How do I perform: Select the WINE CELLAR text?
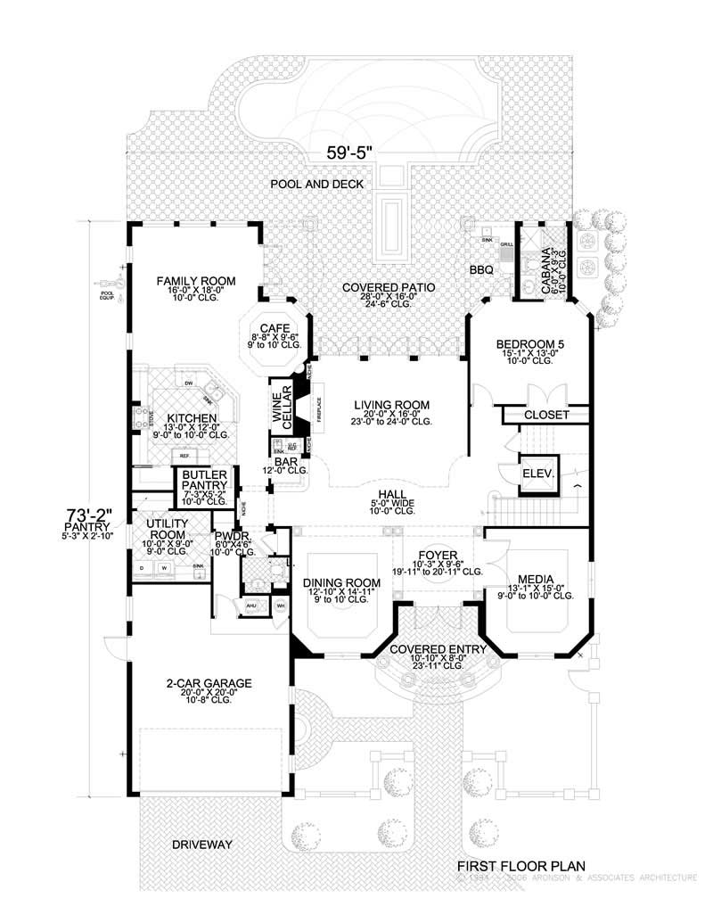(282, 409)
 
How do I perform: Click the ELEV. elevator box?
(537, 474)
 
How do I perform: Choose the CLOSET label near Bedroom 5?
(545, 415)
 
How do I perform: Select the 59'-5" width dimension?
(349, 152)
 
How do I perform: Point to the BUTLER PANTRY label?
(204, 480)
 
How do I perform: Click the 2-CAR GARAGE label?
(209, 683)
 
